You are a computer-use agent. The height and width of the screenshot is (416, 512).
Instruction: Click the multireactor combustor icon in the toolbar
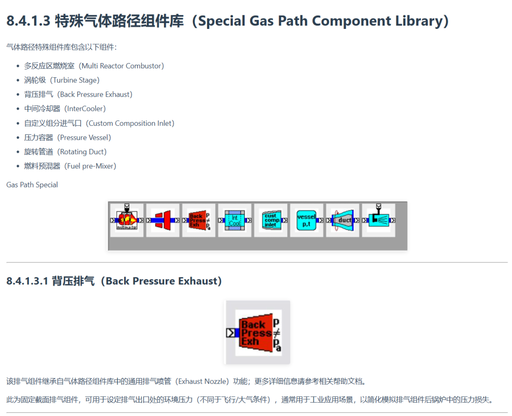click(x=127, y=220)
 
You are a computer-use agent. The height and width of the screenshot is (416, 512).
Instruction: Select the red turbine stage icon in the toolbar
click(x=163, y=220)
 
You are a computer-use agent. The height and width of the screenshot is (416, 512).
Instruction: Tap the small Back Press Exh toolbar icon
click(x=199, y=220)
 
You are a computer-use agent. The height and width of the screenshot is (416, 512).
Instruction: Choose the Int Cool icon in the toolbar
click(x=234, y=220)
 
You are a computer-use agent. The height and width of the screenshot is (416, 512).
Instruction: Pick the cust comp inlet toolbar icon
click(x=271, y=220)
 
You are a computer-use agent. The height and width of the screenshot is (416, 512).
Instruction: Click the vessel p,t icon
click(x=306, y=220)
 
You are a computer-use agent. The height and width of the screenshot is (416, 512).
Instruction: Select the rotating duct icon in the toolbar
click(x=342, y=220)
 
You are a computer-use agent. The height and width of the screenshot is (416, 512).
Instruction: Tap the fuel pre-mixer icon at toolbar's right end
click(x=378, y=220)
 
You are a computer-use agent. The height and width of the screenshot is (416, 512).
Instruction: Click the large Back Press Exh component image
click(x=257, y=333)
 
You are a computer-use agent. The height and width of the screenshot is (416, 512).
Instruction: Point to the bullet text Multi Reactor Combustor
click(x=123, y=66)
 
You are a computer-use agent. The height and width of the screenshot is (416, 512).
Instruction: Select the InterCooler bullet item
click(x=82, y=109)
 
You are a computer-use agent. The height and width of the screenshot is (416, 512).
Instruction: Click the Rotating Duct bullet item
click(x=82, y=152)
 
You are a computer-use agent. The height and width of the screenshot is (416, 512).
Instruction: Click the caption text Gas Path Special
click(x=32, y=185)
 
